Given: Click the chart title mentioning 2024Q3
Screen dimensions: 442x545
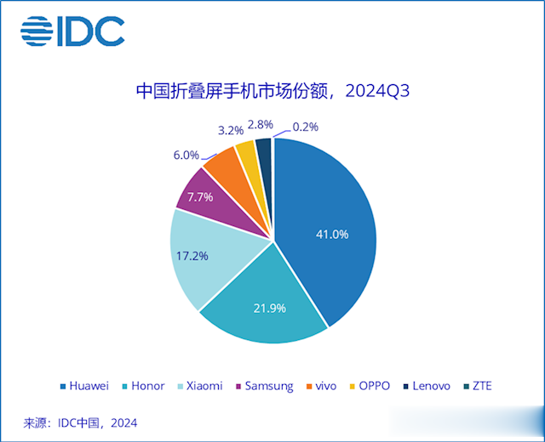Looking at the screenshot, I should pos(272,91).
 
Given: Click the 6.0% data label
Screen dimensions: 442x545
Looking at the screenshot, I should pos(186,155).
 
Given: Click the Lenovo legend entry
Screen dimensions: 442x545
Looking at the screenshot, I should pos(427,386).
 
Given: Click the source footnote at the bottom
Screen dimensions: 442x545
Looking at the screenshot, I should pos(80,422).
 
